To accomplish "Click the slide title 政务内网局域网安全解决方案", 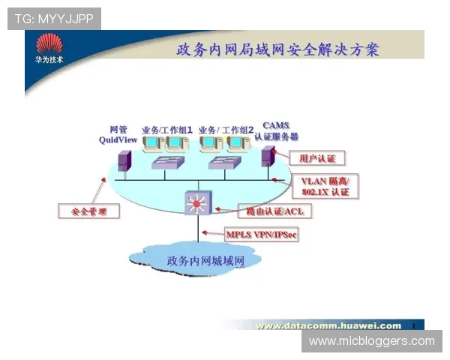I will pos(277,50).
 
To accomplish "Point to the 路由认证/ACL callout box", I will pos(274,211).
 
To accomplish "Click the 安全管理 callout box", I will pos(88,211).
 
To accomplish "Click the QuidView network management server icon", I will pos(124,160).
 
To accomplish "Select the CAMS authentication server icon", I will pos(266,156).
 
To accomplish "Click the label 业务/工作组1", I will pos(167,129).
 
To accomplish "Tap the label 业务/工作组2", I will pos(226,129).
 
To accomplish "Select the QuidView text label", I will pos(118,139).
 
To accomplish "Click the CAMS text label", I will pos(275,125).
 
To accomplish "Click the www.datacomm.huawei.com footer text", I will pos(328,325).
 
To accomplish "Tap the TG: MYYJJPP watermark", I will pos(54,19).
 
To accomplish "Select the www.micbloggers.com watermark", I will pos(371,341).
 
